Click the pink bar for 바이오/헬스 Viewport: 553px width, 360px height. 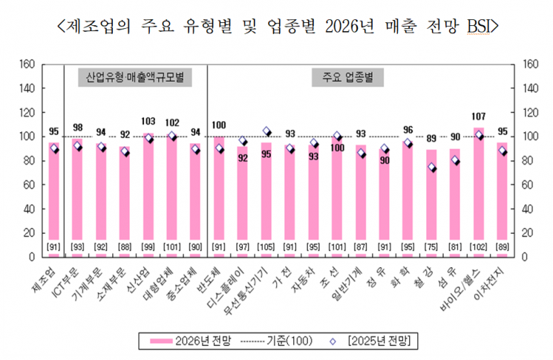(x=478, y=193)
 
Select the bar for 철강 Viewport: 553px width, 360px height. (x=431, y=200)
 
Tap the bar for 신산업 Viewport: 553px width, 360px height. (x=148, y=193)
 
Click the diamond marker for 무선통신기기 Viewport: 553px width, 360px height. (x=266, y=131)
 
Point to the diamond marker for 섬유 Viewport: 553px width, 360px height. (x=455, y=160)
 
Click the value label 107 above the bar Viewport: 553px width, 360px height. (x=479, y=117)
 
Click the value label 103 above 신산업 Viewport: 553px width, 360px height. (x=148, y=121)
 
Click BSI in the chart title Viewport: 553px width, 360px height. (x=479, y=27)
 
